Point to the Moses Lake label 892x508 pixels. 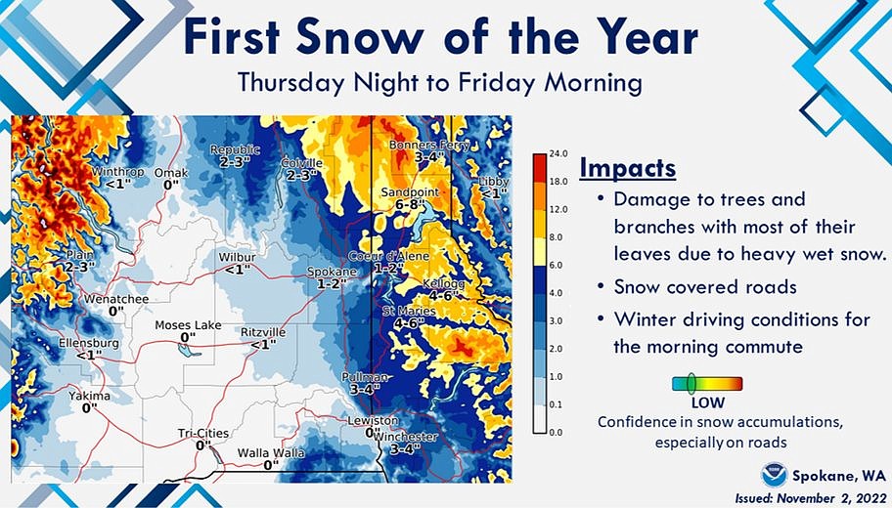[x=188, y=325]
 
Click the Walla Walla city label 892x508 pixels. [x=271, y=453]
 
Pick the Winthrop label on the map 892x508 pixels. [x=117, y=172]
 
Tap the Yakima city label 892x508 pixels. [x=89, y=396]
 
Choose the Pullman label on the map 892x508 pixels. [x=365, y=377]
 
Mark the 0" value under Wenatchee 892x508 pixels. [x=116, y=311]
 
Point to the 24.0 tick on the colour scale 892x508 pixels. [x=558, y=154]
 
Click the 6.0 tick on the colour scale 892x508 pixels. [x=557, y=265]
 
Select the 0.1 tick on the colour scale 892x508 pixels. [x=557, y=403]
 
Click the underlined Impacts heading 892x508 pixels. [x=627, y=168]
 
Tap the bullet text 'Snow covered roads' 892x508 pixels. [x=690, y=287]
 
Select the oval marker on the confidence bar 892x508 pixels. [x=691, y=383]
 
